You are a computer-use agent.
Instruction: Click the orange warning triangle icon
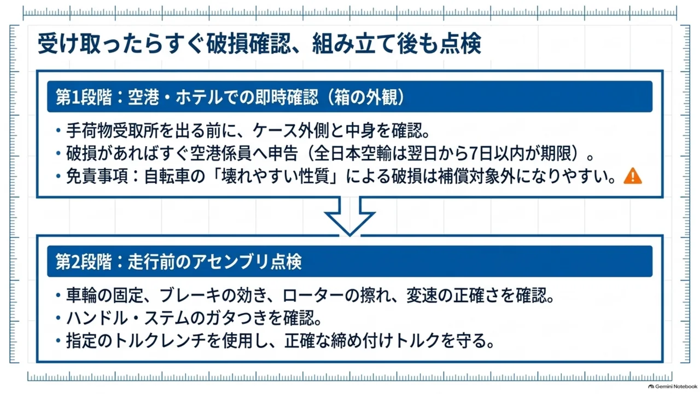tap(633, 176)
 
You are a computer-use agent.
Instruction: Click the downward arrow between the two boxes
tap(349, 219)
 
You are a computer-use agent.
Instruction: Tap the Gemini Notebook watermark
tap(674, 386)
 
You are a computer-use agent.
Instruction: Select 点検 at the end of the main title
tap(460, 43)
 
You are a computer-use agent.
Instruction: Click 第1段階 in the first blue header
tap(84, 97)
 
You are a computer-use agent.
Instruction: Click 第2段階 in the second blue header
tap(84, 262)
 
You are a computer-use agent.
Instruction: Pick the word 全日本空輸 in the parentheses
tap(353, 153)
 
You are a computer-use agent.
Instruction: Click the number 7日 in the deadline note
tap(484, 153)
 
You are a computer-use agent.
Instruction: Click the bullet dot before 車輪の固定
tap(58, 295)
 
